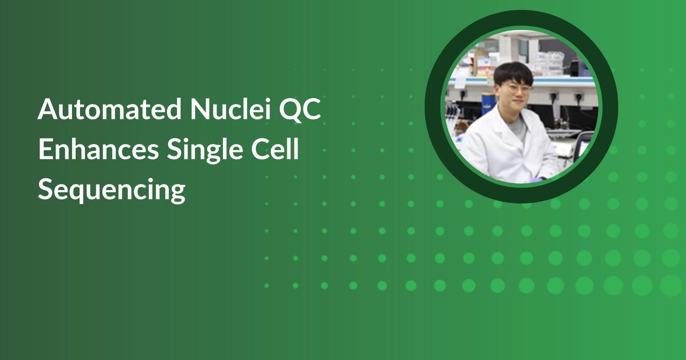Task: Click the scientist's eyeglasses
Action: tap(516, 89)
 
